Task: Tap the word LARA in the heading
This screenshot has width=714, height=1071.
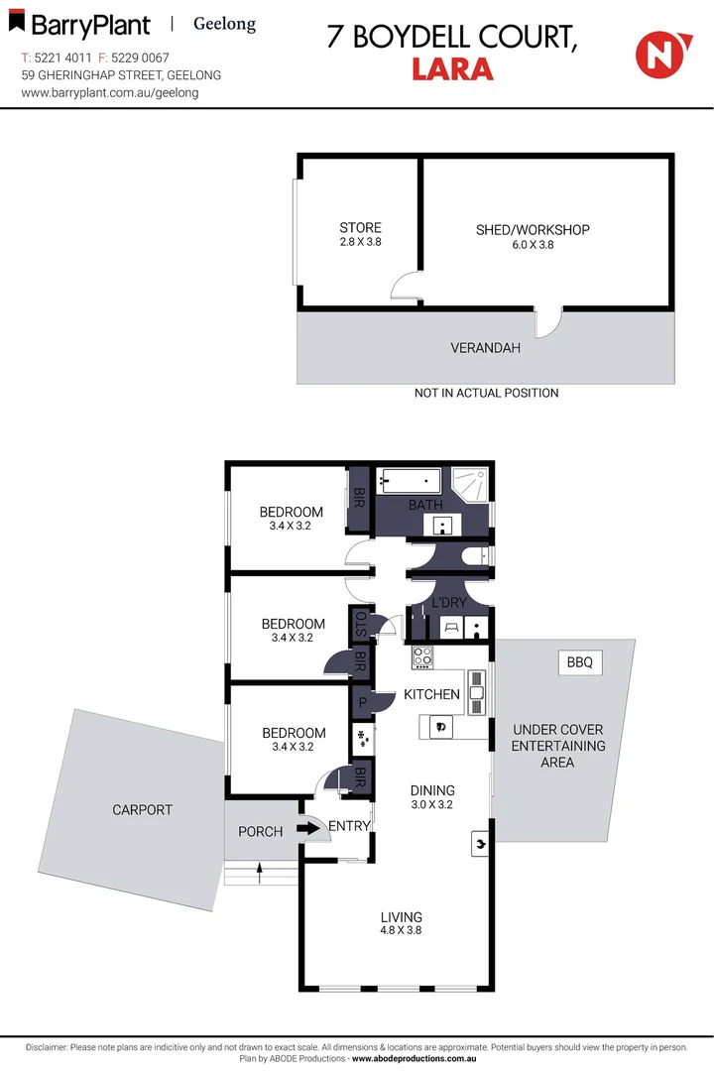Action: pos(451,68)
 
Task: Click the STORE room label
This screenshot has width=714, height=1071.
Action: pos(360,228)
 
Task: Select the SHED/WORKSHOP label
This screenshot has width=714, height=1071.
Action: pos(533,230)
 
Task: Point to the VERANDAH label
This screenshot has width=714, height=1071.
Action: pos(485,348)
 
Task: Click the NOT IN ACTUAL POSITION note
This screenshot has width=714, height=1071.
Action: pos(486,393)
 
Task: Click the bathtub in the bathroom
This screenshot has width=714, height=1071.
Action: pos(412,483)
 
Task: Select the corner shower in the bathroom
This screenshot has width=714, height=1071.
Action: pos(471,485)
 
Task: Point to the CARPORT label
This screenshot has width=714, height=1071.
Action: pos(142,810)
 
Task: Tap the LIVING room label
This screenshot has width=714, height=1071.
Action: pos(401,917)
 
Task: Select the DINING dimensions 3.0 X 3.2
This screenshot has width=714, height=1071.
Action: pos(431,804)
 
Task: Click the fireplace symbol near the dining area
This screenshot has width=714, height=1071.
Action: pos(481,844)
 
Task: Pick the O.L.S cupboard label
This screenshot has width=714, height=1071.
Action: pos(360,625)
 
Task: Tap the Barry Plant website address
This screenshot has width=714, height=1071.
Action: pos(110,92)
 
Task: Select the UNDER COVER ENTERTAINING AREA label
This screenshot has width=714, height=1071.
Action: pos(558,746)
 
